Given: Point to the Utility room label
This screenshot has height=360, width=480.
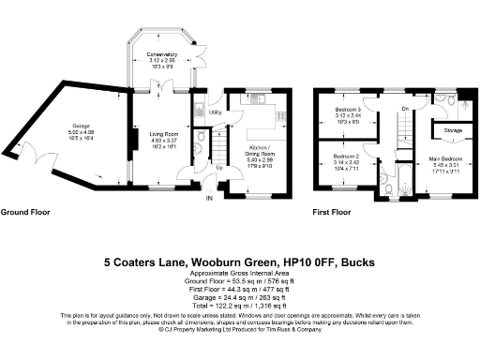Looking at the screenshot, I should pyautogui.click(x=214, y=112).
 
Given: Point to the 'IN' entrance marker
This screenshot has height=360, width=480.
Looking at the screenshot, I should pyautogui.click(x=211, y=199).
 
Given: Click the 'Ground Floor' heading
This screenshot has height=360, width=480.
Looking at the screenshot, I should pyautogui.click(x=24, y=213).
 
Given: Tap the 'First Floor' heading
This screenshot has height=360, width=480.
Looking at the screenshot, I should pyautogui.click(x=332, y=213).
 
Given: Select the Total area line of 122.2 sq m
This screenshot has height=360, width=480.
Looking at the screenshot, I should pyautogui.click(x=239, y=306).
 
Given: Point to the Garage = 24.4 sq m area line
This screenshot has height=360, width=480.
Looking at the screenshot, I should pyautogui.click(x=239, y=297).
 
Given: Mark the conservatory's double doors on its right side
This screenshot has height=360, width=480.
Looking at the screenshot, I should pyautogui.click(x=199, y=58).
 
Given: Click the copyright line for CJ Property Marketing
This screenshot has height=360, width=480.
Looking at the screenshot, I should pyautogui.click(x=239, y=330).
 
